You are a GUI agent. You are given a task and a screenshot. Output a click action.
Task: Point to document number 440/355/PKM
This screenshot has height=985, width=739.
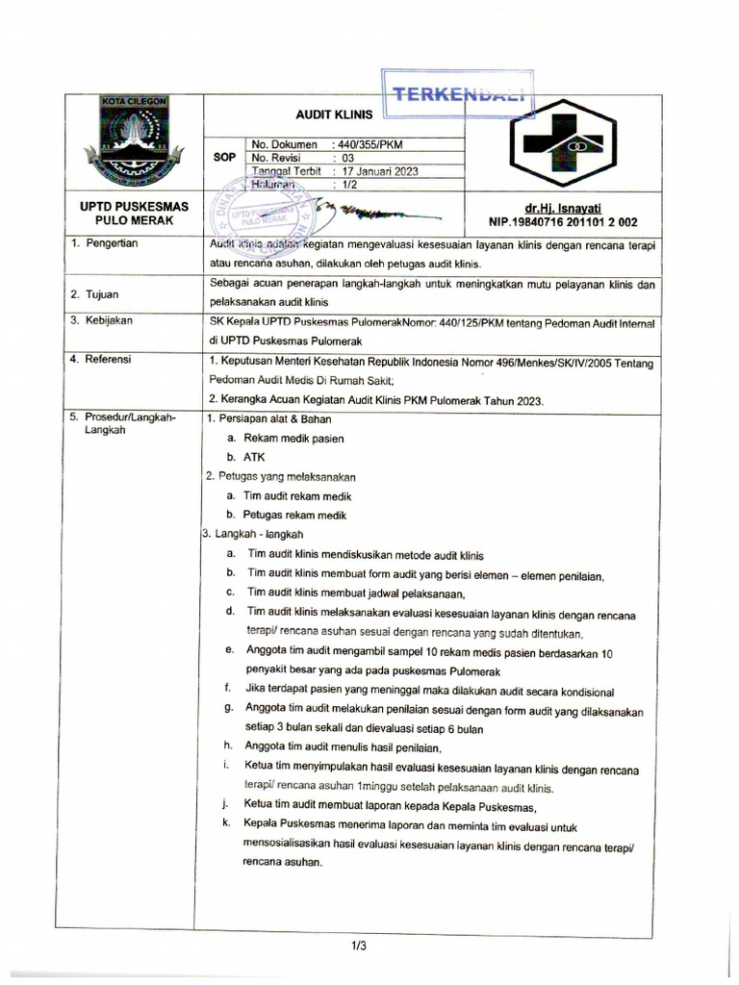pos(368,144)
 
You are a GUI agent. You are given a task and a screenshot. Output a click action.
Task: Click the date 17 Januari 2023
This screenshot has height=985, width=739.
pos(373,170)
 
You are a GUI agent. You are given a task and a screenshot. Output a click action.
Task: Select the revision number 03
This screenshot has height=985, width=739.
pos(341,158)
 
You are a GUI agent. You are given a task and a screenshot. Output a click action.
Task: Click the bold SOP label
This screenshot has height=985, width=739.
pos(222,158)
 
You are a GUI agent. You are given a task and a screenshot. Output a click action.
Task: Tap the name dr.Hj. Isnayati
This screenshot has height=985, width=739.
pos(562,207)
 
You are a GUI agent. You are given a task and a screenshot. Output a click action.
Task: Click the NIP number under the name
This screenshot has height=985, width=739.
pos(562,220)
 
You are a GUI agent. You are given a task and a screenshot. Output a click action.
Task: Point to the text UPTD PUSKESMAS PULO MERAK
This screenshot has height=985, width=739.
pos(134,214)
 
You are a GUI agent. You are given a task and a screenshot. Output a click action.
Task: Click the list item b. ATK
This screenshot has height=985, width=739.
pos(245,457)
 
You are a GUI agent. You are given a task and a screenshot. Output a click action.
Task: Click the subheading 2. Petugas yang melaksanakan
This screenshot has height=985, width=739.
pos(281,476)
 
